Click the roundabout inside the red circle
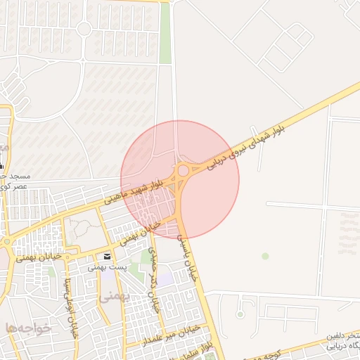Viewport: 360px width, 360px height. pos(183,169)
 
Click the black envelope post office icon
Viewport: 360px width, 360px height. pos(107,257)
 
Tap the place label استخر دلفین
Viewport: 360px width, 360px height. pos(342,336)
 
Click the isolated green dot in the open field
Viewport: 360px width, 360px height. pos(265,256)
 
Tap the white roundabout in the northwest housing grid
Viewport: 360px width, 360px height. pos(84,29)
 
